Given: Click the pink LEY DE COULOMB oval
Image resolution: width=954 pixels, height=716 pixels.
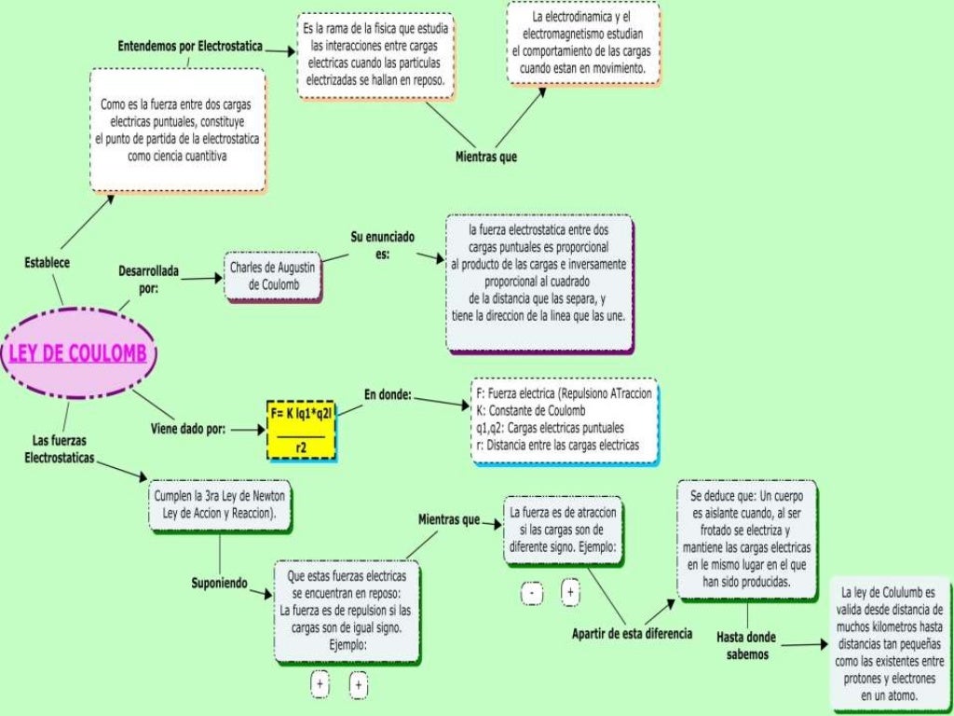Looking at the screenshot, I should click(78, 354).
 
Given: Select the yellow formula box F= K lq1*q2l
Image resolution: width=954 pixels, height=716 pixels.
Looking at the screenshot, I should click(300, 429).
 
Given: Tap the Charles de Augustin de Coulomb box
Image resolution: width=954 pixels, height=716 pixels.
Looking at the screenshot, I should click(273, 276).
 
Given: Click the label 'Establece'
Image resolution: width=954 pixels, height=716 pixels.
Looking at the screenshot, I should click(46, 263).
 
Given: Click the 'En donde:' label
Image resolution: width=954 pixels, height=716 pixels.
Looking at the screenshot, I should click(388, 394).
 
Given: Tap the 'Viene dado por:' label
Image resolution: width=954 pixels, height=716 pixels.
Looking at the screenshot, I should click(188, 430).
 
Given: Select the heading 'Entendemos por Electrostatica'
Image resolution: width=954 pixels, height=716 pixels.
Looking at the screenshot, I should click(189, 46).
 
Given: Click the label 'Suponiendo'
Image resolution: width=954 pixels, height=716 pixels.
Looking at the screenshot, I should click(220, 584).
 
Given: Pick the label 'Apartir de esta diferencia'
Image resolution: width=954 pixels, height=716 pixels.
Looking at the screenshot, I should click(632, 634).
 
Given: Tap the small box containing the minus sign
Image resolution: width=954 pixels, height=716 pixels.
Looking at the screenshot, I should click(531, 593).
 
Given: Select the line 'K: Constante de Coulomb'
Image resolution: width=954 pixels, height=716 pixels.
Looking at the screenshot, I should click(530, 411).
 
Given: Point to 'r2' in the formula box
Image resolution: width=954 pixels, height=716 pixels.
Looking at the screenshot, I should click(302, 448).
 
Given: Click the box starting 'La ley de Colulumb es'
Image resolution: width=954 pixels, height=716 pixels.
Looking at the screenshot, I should click(891, 643).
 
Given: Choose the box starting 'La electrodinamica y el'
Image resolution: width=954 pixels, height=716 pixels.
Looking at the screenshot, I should click(582, 44).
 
